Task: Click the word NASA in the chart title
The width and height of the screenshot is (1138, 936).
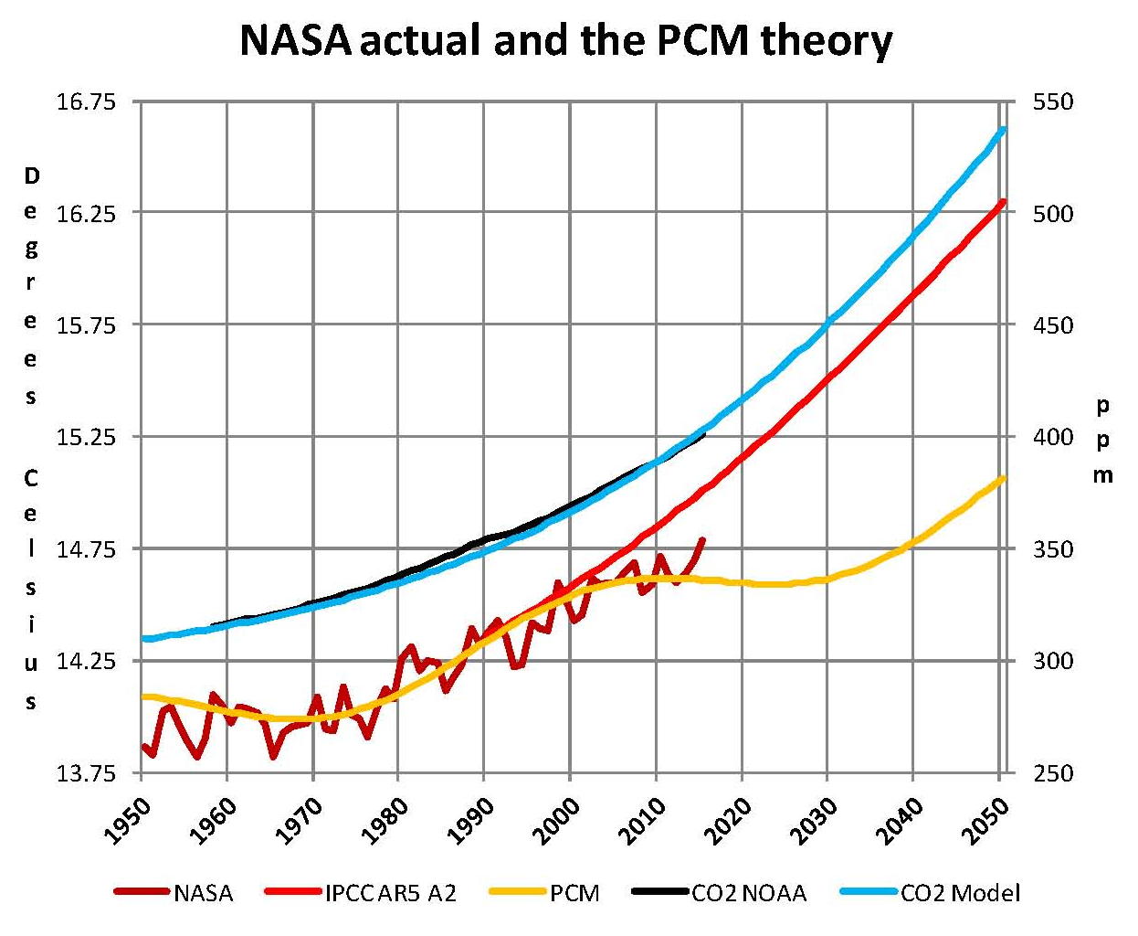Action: (x=295, y=41)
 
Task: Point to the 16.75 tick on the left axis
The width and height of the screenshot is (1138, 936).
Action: (x=86, y=101)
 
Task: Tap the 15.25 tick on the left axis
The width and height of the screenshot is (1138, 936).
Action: (x=86, y=437)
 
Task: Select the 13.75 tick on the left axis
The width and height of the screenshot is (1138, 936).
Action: (x=86, y=773)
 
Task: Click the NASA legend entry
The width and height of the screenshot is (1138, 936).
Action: (x=203, y=893)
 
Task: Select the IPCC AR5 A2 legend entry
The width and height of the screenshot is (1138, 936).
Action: (x=390, y=893)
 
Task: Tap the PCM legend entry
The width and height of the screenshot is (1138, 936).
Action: (x=574, y=893)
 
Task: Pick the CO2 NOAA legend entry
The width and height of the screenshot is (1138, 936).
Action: (x=749, y=893)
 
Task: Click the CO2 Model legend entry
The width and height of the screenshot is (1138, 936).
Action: (x=960, y=893)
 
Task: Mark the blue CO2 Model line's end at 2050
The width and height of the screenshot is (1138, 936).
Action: (x=1003, y=130)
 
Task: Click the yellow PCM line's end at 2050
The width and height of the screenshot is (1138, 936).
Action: (x=1003, y=478)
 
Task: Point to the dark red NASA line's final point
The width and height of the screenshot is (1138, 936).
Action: (x=701, y=539)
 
